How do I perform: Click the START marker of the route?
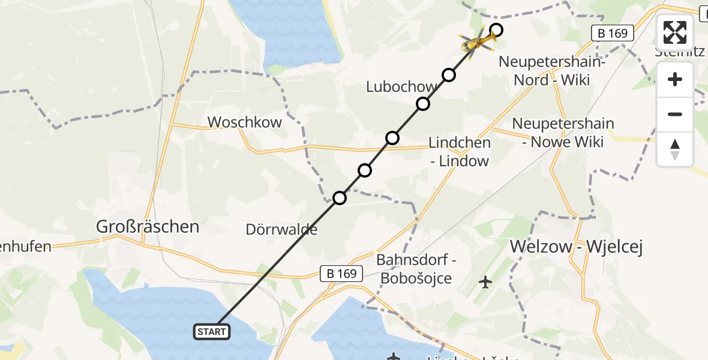pos(212,331)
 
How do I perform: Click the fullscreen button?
pos(675,32)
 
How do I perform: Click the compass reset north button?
pos(675,149)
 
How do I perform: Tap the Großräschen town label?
pos(148,227)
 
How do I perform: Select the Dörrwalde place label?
pos(281,229)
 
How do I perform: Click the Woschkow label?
pos(244,122)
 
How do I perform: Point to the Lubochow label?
pos(401,87)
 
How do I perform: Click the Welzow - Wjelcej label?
pos(576,247)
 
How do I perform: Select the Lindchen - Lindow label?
pos(459,152)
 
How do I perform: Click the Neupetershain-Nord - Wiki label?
pos(551,71)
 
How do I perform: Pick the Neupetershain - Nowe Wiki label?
pos(563,133)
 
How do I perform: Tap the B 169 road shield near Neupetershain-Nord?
pos(613,34)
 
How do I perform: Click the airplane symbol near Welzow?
pos(485,281)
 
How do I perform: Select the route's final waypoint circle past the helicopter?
pos(496,29)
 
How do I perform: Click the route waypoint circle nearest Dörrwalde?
pos(340,197)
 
